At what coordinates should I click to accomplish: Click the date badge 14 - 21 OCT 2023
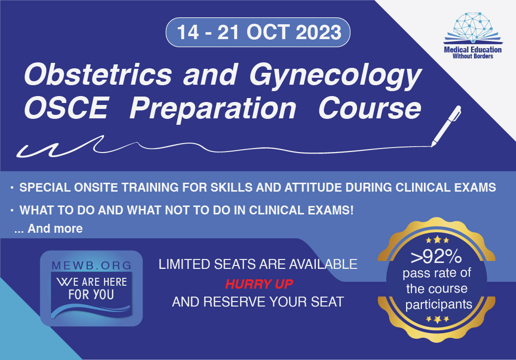(x=258, y=32)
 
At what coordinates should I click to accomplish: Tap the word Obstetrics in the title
(x=98, y=75)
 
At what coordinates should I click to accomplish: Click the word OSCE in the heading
(x=66, y=107)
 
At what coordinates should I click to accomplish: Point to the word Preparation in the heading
(x=213, y=109)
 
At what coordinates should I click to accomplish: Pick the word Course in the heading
(x=369, y=108)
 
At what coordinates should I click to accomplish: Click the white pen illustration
(x=446, y=126)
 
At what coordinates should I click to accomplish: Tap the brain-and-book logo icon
(x=473, y=28)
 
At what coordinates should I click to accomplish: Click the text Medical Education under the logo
(x=472, y=50)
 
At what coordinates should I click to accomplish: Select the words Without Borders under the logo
(x=472, y=56)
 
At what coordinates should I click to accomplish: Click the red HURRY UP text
(x=259, y=284)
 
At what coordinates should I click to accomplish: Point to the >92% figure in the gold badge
(x=436, y=257)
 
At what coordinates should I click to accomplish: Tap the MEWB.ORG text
(x=92, y=265)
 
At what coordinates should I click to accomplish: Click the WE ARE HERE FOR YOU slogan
(x=91, y=288)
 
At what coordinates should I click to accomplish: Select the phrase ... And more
(x=49, y=228)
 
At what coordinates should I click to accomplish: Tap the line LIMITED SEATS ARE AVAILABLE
(x=258, y=264)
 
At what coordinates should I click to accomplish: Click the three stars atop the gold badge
(x=437, y=240)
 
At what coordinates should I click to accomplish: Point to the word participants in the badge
(x=439, y=305)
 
